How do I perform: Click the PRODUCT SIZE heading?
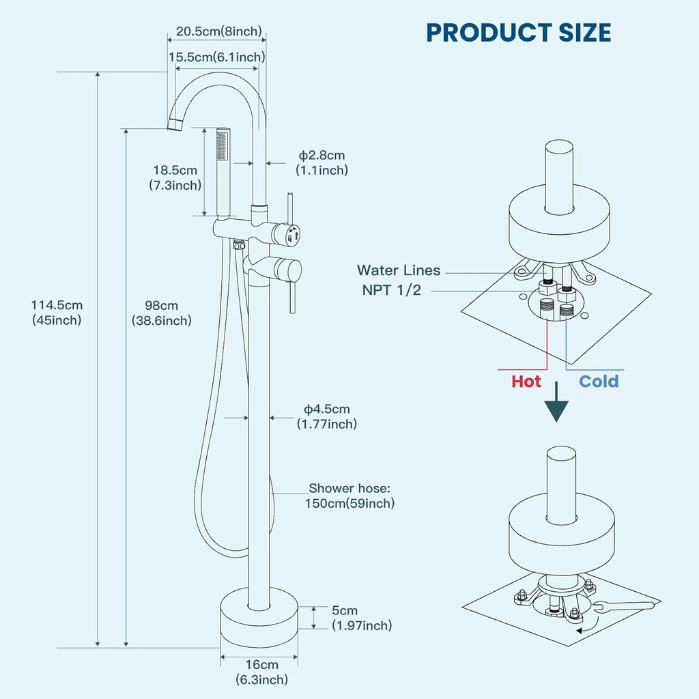pos(518,32)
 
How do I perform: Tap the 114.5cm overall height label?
pos(57,313)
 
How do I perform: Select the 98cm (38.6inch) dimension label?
pos(161,313)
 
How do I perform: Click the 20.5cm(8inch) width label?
pos(218,31)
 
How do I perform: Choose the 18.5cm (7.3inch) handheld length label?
pos(175,177)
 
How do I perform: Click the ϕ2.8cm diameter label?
pos(321,163)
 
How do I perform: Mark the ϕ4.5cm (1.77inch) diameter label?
pos(326,416)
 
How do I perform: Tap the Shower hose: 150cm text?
pos(351,496)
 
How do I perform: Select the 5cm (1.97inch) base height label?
pos(361,618)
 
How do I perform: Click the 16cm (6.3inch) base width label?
pos(261,672)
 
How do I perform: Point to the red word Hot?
pos(526,381)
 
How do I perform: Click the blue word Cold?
pos(599,381)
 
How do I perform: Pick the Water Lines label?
pos(399,271)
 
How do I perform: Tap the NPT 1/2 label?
pos(392,290)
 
